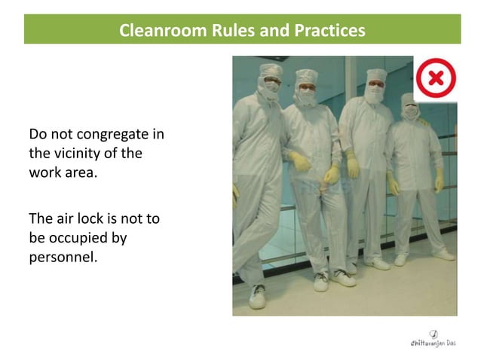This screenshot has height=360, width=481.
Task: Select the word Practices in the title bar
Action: click(x=328, y=31)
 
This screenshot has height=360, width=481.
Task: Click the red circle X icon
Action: click(x=436, y=78)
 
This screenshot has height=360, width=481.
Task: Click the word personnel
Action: click(x=63, y=256)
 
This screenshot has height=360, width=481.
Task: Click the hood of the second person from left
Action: click(x=307, y=81)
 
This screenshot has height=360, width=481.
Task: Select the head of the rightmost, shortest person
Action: click(x=410, y=107)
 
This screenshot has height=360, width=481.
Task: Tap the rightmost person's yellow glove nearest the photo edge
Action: click(x=439, y=181)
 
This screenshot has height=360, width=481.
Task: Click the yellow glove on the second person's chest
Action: click(x=300, y=160)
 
